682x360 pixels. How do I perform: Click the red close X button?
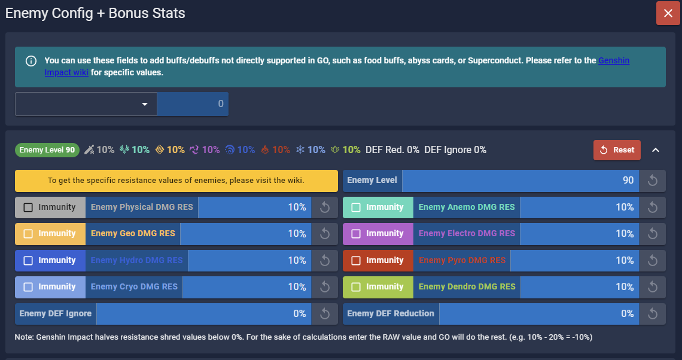668,13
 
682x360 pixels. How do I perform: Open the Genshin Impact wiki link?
613,61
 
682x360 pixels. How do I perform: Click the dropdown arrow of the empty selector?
144,104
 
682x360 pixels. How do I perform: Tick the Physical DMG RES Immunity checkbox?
28,208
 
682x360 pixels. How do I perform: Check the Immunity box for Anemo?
356,208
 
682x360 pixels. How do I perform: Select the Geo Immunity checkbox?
28,234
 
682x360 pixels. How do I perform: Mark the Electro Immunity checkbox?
356,234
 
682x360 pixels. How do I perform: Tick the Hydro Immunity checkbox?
28,261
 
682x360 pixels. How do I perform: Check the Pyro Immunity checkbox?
356,261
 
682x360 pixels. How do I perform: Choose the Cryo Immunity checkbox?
28,287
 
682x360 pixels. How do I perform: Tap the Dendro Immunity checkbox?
356,287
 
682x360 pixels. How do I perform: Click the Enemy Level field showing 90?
520,181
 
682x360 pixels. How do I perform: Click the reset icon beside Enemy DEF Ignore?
325,314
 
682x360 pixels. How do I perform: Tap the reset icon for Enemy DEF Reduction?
653,314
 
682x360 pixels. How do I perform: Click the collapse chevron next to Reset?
655,150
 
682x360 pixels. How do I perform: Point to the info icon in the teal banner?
31,61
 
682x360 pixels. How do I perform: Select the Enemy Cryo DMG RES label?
134,287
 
